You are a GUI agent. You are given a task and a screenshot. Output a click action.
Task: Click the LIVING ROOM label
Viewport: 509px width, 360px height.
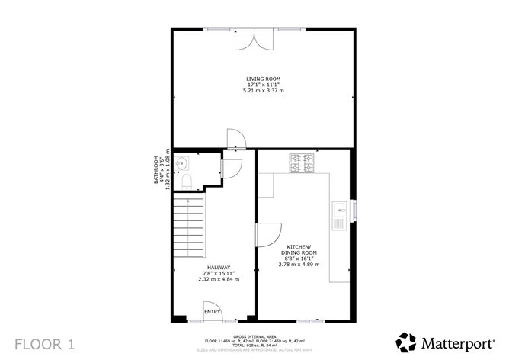pyautogui.click(x=263, y=79)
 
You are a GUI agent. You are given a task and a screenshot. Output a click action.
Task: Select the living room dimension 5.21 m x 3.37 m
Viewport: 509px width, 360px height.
pyautogui.click(x=263, y=91)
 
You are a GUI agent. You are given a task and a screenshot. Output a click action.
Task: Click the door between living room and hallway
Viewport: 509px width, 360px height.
pyautogui.click(x=235, y=138)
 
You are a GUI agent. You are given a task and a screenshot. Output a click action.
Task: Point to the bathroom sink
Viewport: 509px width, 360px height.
pyautogui.click(x=181, y=162)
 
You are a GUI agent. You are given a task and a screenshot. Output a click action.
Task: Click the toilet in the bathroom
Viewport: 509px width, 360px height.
pyautogui.click(x=187, y=181)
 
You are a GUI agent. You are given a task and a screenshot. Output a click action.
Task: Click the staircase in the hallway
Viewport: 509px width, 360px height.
pyautogui.click(x=190, y=225)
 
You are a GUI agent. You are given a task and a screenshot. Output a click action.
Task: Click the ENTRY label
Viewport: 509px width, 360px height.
pyautogui.click(x=212, y=311)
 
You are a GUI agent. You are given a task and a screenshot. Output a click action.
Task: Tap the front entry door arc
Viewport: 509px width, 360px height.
pyautogui.click(x=212, y=308)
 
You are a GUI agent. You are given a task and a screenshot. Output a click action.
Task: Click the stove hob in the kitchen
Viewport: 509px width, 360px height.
pyautogui.click(x=301, y=162)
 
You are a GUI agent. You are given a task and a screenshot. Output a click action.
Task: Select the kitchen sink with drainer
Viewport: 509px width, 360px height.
pyautogui.click(x=339, y=216)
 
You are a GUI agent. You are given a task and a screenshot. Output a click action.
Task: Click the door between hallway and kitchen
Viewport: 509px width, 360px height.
pyautogui.click(x=268, y=234)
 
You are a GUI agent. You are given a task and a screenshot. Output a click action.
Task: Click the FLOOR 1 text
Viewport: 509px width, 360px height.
pyautogui.click(x=45, y=342)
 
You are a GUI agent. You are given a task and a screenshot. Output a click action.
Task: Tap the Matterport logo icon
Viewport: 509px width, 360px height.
pyautogui.click(x=407, y=342)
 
